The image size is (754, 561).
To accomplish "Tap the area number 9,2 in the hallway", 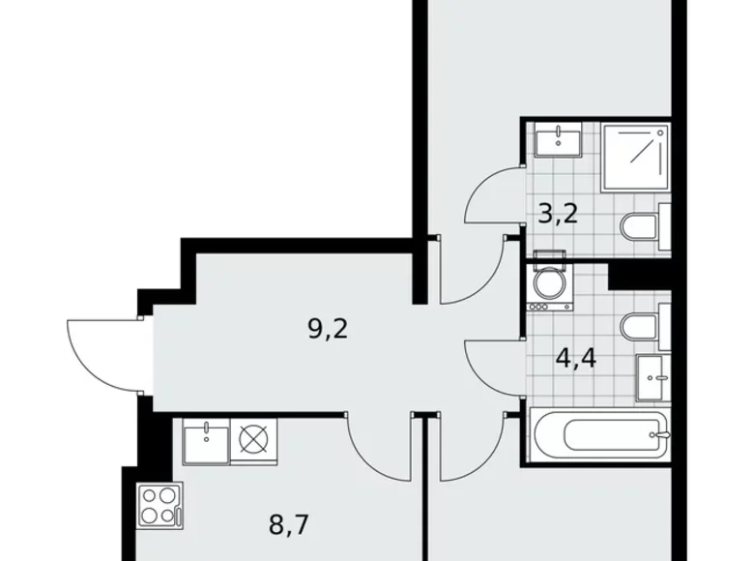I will click(x=327, y=330).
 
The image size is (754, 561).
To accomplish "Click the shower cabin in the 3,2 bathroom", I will click(x=635, y=158).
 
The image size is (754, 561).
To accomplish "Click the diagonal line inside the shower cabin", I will click(x=635, y=156).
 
